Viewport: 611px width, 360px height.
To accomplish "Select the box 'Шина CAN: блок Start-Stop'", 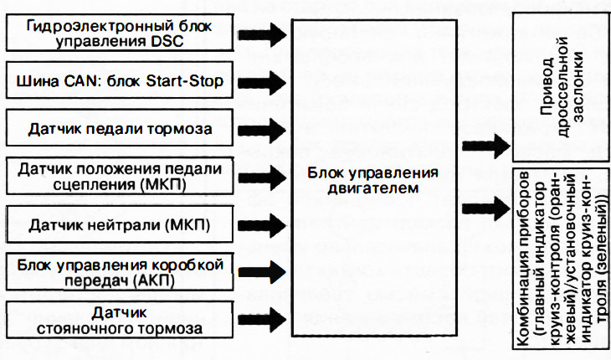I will [x=118, y=83].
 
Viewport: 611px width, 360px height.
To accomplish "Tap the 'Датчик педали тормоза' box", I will [x=118, y=130].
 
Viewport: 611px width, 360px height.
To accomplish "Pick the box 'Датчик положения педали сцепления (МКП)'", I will [x=118, y=177].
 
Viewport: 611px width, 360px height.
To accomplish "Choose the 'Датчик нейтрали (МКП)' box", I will [x=118, y=224].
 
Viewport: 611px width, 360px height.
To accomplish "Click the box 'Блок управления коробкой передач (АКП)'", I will [x=118, y=272].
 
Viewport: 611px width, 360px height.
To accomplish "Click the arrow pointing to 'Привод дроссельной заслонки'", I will [x=484, y=144].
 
